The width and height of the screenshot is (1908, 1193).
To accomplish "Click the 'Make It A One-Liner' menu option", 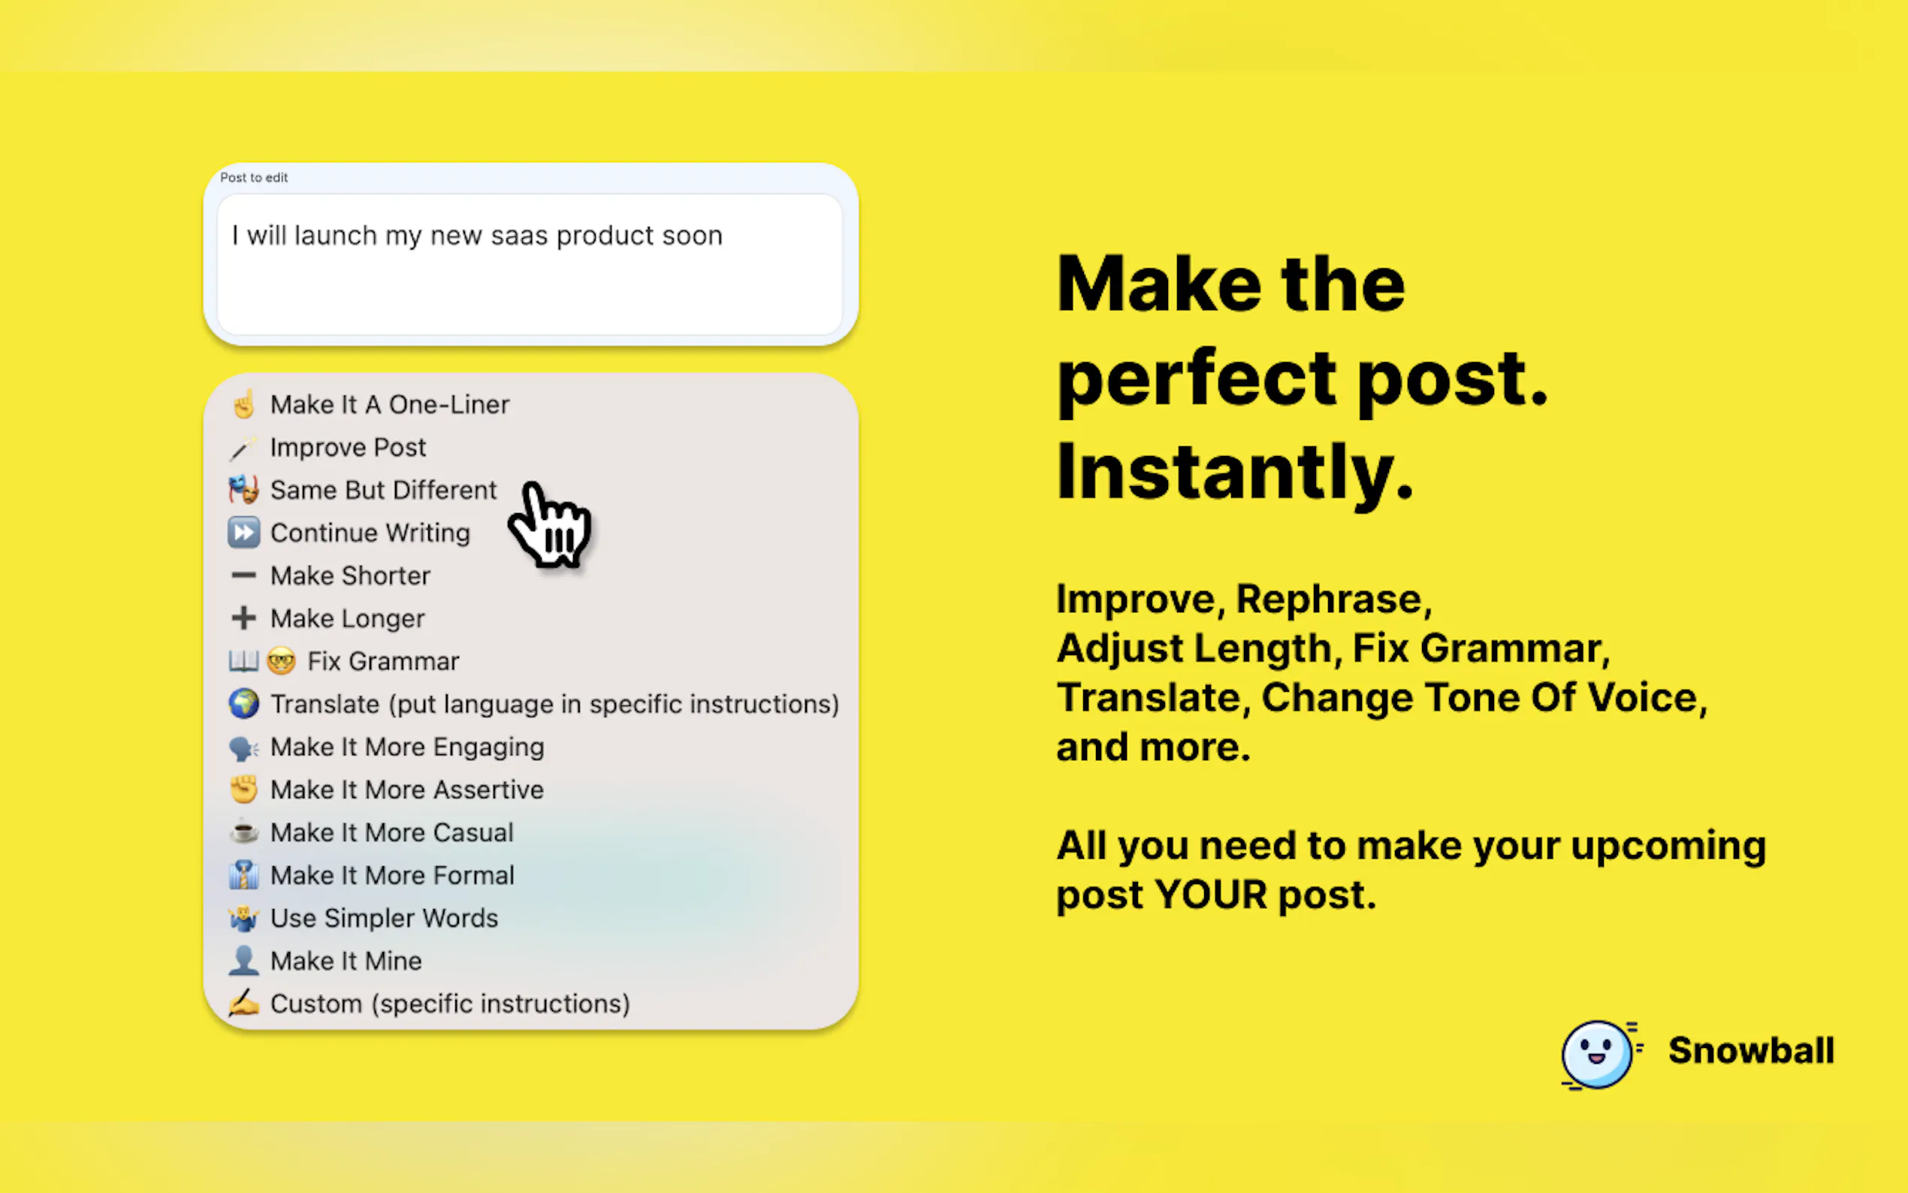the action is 390,405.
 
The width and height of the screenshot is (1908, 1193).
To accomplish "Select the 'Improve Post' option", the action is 348,448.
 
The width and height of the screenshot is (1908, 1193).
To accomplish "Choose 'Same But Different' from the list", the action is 383,490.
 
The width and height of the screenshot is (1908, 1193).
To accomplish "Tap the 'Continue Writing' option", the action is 370,533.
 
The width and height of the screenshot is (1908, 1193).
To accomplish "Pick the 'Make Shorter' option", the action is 350,575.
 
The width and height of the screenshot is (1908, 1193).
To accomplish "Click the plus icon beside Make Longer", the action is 243,618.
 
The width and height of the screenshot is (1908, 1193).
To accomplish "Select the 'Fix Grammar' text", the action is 383,661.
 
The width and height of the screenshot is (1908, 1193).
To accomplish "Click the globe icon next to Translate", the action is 243,704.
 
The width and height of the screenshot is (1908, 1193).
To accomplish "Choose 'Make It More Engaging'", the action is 407,747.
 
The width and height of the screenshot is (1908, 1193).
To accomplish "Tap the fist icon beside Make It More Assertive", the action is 243,789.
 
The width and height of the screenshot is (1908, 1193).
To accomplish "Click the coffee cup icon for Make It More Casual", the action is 243,832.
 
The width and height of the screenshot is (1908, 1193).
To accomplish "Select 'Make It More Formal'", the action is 392,875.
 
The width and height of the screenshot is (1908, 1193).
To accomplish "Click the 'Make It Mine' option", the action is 346,960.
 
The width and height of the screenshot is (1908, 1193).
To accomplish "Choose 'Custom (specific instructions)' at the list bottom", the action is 451,1004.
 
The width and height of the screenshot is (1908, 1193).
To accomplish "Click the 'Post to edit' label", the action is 254,177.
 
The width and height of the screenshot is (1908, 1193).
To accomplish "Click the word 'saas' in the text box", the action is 519,235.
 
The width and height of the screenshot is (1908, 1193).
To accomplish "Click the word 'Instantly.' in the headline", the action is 1234,470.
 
